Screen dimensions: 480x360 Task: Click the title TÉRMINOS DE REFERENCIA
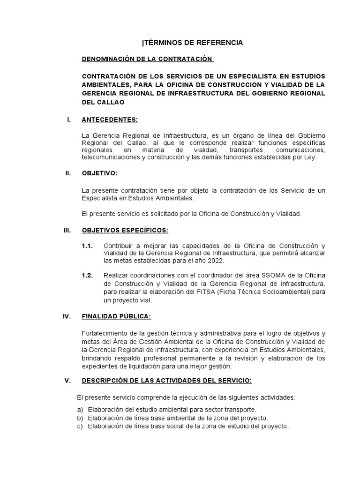coord(193,43)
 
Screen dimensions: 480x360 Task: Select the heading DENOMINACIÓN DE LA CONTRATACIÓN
coord(147,59)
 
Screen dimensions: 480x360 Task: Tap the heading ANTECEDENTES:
coord(110,120)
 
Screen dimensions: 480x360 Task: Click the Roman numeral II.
coord(68,173)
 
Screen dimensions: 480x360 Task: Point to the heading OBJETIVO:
coord(99,173)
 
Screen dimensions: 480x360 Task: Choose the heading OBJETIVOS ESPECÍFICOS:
coord(125,230)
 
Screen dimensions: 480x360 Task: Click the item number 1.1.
coord(87,246)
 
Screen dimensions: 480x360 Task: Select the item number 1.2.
coord(87,275)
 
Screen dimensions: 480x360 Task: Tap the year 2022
coord(216,261)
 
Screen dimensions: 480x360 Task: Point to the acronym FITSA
coord(238,292)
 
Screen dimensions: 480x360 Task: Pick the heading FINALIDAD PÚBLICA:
coord(116,316)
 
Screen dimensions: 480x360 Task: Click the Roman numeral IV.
coord(67,316)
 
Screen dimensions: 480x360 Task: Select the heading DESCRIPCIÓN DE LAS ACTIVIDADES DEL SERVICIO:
coord(167,381)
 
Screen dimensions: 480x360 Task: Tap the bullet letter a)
coord(80,409)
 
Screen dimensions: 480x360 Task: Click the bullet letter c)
coord(80,427)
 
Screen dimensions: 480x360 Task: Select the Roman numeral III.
coord(67,230)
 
